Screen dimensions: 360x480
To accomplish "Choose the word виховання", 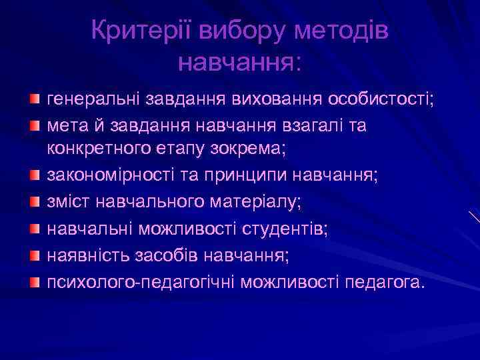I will point(278,100).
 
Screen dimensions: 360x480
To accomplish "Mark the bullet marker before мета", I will point(33,125).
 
